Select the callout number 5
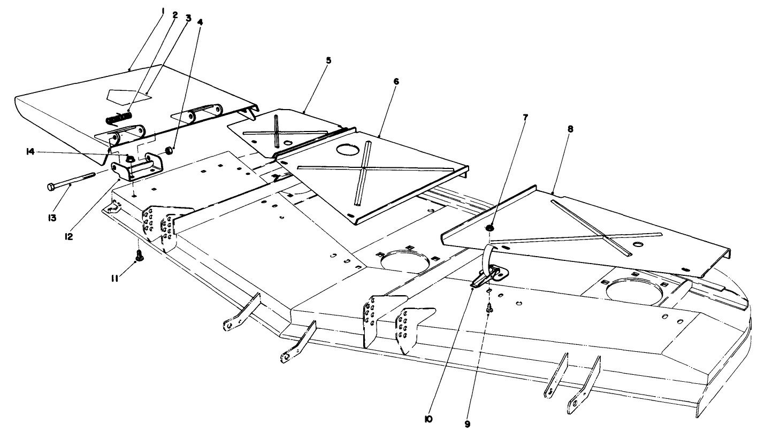tap(328, 60)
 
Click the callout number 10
tap(428, 420)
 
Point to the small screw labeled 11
tap(139, 257)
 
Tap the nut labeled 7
tap(490, 229)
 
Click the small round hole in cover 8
tap(638, 244)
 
